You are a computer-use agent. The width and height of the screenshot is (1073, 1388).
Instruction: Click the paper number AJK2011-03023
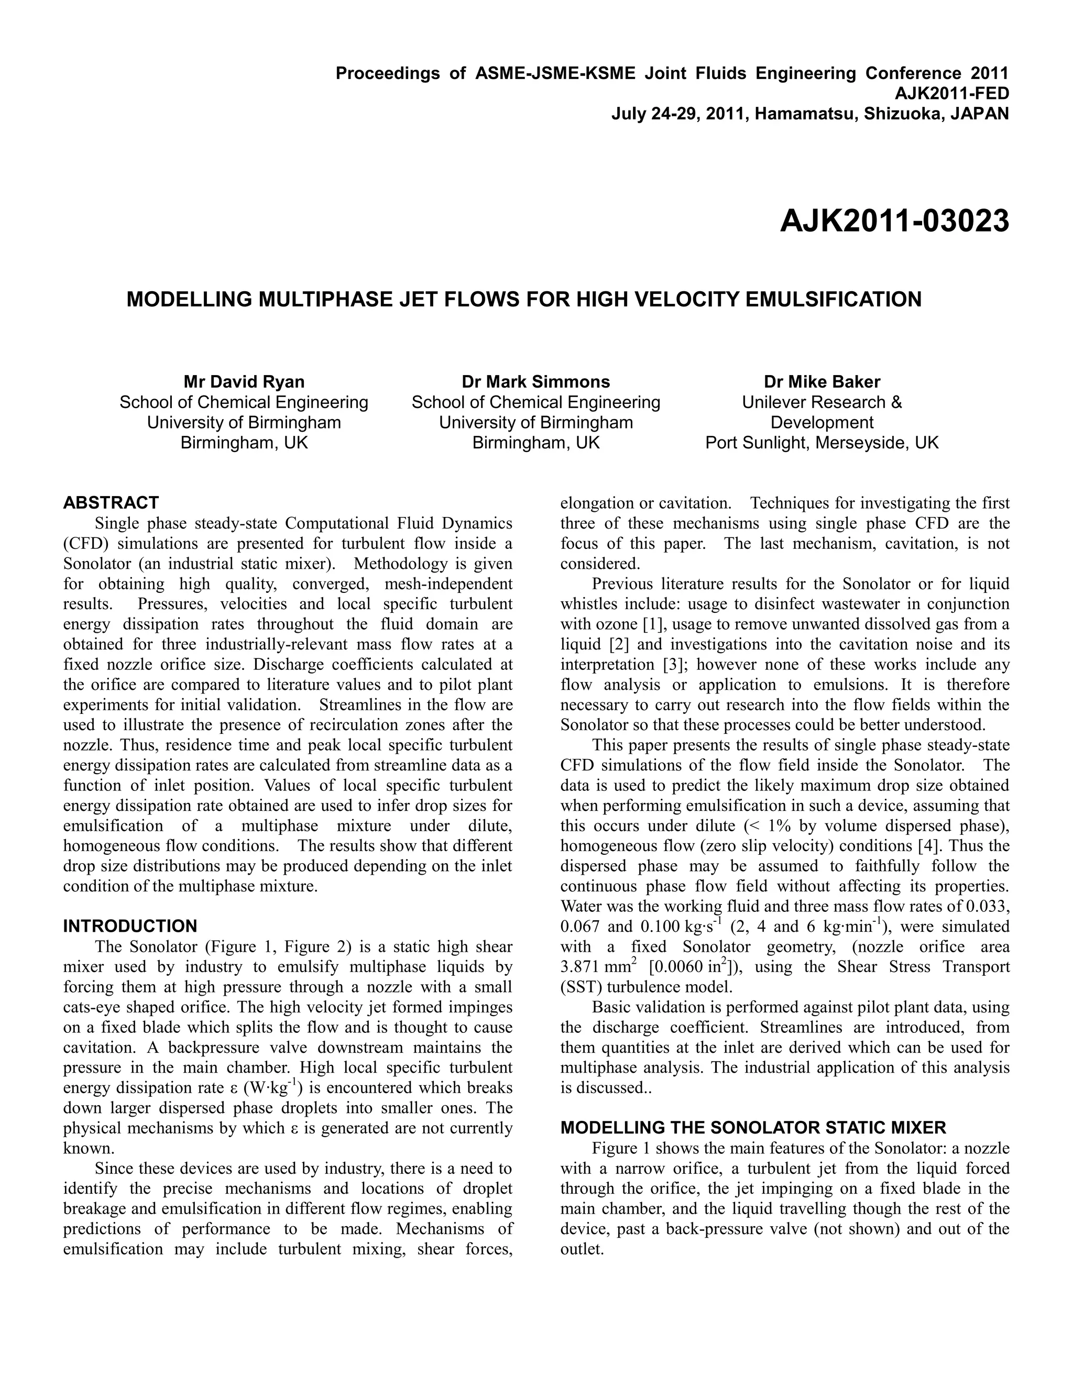click(x=894, y=222)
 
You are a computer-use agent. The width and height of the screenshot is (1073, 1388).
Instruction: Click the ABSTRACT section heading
click(x=111, y=503)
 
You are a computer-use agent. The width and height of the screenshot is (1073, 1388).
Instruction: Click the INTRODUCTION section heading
click(x=130, y=926)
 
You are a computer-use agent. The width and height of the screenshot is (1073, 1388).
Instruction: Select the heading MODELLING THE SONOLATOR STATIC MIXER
click(x=753, y=1128)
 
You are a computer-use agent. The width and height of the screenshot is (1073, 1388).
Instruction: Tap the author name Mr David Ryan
click(x=244, y=382)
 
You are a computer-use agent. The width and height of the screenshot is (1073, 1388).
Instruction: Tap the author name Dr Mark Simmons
click(x=536, y=382)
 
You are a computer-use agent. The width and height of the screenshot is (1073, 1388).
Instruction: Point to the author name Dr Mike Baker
click(x=822, y=382)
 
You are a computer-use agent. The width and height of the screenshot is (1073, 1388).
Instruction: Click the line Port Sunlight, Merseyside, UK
click(x=822, y=443)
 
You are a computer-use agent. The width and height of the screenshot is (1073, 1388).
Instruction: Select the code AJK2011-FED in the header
click(x=951, y=93)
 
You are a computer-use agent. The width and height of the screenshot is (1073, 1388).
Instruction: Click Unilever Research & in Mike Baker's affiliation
click(x=822, y=402)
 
